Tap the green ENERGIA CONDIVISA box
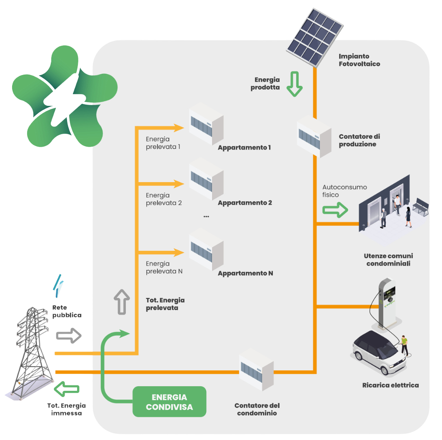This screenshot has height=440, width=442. [x=170, y=402]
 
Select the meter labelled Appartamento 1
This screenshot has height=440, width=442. [x=206, y=124]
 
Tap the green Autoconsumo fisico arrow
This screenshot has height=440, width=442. [x=336, y=210]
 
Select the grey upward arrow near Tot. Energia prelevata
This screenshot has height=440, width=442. [x=122, y=301]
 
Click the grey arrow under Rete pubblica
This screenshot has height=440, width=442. [x=69, y=335]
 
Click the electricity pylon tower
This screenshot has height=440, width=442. [x=33, y=350]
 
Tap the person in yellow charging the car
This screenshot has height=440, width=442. [x=404, y=345]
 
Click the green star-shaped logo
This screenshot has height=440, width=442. [x=62, y=97]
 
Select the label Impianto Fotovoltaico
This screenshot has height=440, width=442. [x=359, y=60]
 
